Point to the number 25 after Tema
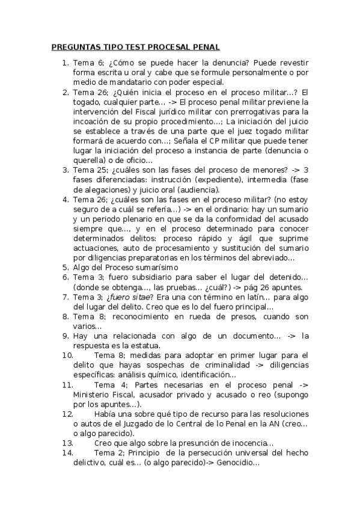point(101,170)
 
